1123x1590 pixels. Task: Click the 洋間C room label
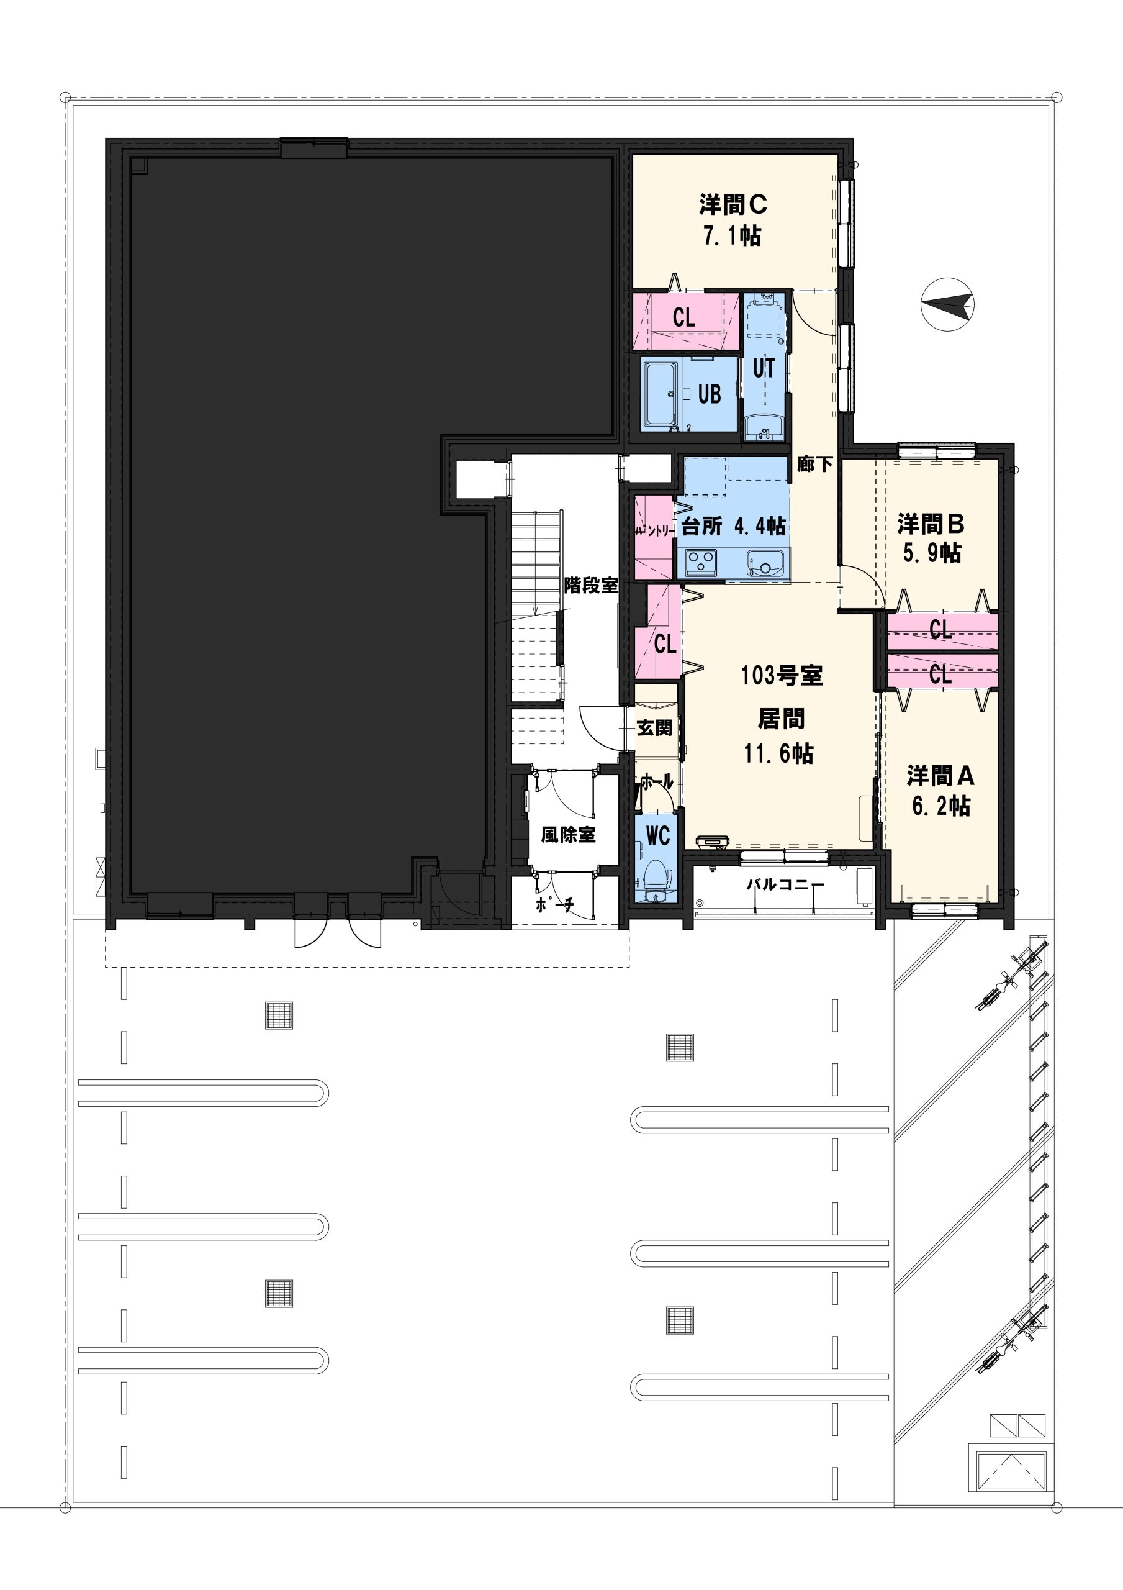pos(733,205)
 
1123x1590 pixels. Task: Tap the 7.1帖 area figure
pos(733,236)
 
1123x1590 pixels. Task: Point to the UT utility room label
pos(764,368)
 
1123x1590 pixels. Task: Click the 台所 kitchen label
pos(702,526)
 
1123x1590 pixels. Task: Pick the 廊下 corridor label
pos(814,463)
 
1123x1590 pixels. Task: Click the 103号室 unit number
pos(782,675)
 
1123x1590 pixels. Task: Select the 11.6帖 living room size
pos(779,753)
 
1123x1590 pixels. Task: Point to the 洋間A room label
pos(940,776)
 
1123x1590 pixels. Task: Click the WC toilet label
pos(658,836)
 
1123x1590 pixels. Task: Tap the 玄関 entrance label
pos(654,728)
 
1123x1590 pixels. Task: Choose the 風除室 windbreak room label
pos(569,835)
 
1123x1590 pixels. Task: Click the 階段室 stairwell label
pos(591,585)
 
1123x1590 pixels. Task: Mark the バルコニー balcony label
pos(785,885)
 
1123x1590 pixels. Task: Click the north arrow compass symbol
pos(948,303)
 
